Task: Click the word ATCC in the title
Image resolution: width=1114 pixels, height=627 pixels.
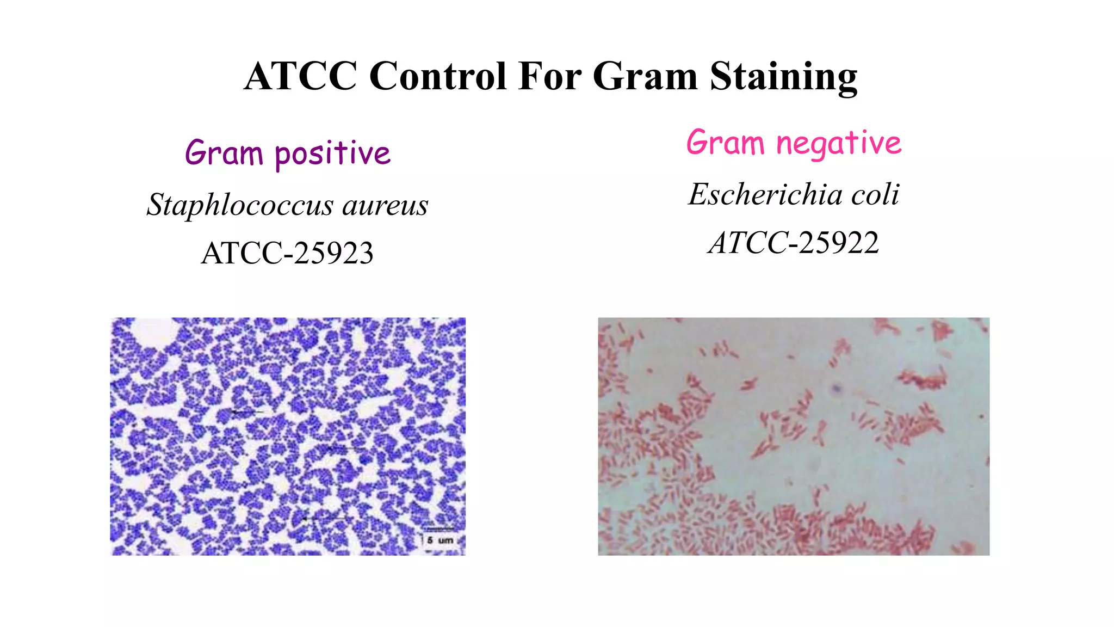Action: point(300,76)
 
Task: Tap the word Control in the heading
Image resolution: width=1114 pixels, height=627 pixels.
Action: point(438,76)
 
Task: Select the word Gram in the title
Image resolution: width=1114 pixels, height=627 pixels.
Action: point(645,76)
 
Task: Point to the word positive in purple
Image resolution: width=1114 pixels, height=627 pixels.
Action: point(332,154)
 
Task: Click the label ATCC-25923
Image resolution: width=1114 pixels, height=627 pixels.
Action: point(287,253)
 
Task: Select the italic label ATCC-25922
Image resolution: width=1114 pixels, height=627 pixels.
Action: point(794,243)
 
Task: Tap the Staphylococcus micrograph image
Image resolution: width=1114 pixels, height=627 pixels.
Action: point(288,437)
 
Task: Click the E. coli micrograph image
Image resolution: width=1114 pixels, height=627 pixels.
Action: point(794,437)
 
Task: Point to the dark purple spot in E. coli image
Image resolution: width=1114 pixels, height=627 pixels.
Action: point(837,389)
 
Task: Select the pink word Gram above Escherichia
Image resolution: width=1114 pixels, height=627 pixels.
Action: point(725,143)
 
